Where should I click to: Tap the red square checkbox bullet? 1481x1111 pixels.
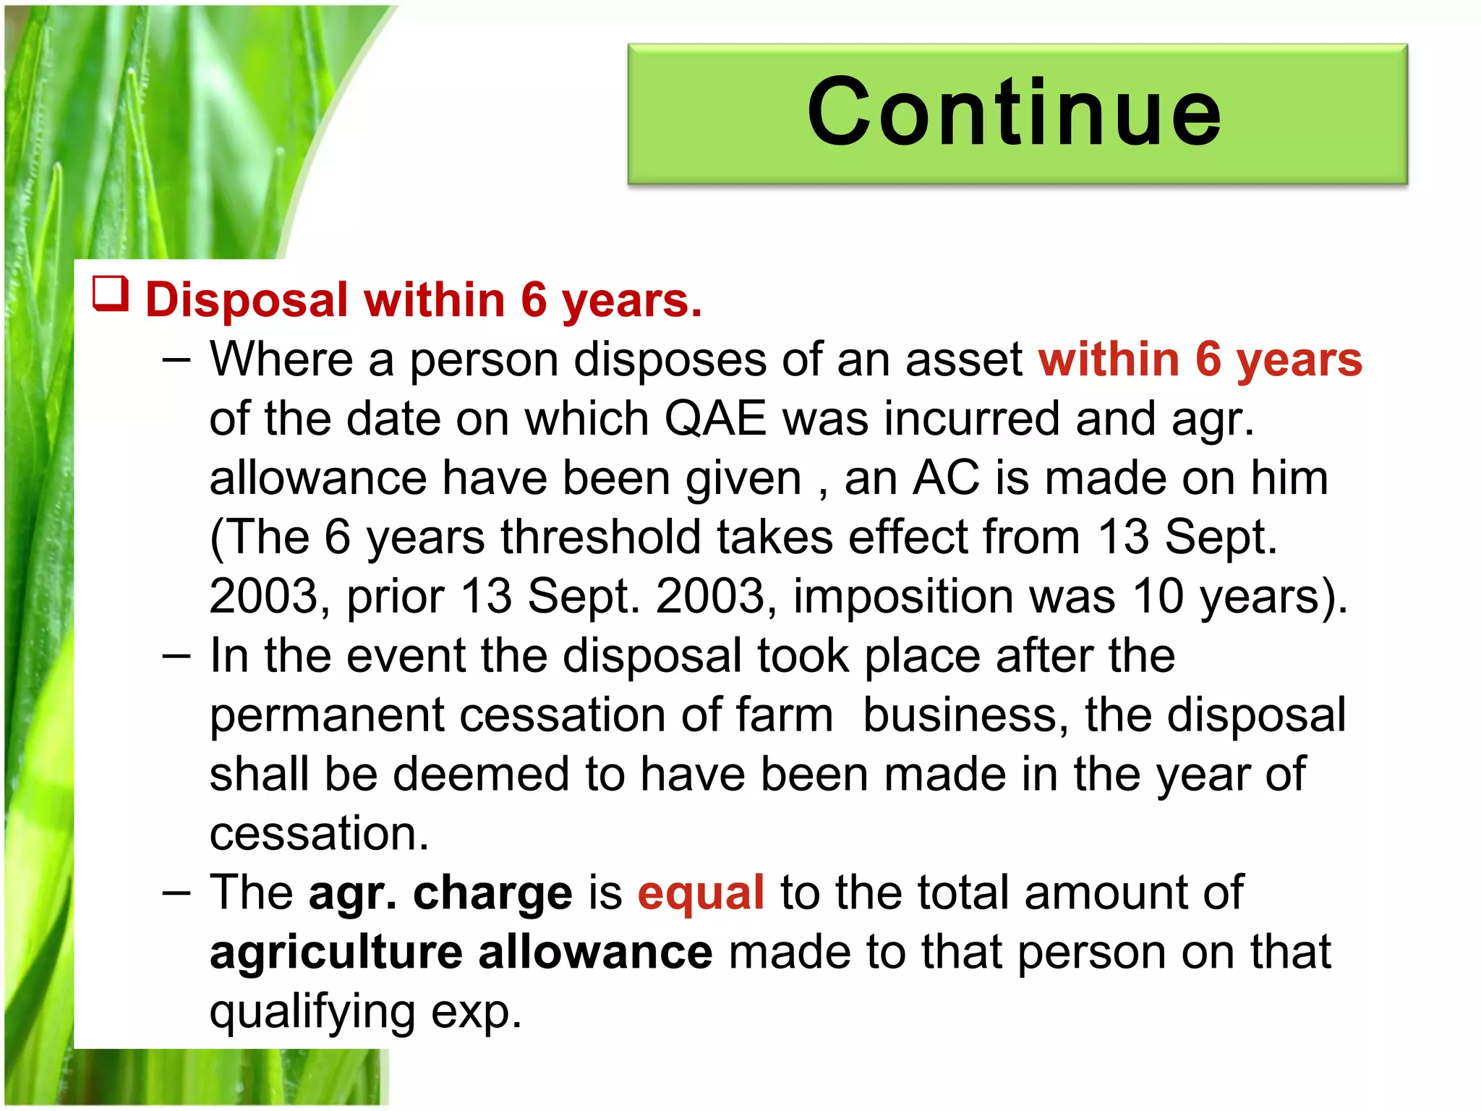click(111, 295)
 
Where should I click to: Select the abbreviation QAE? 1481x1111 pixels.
click(715, 419)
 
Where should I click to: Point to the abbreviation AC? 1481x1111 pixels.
click(947, 478)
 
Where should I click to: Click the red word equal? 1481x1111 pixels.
click(701, 893)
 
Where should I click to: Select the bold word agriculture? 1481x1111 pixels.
click(336, 953)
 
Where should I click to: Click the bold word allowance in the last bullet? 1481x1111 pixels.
click(595, 952)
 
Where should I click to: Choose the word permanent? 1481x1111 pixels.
click(327, 715)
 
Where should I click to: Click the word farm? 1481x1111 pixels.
click(785, 715)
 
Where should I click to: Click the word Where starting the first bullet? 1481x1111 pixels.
click(281, 359)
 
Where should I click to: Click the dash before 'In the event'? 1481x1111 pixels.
click(176, 656)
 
